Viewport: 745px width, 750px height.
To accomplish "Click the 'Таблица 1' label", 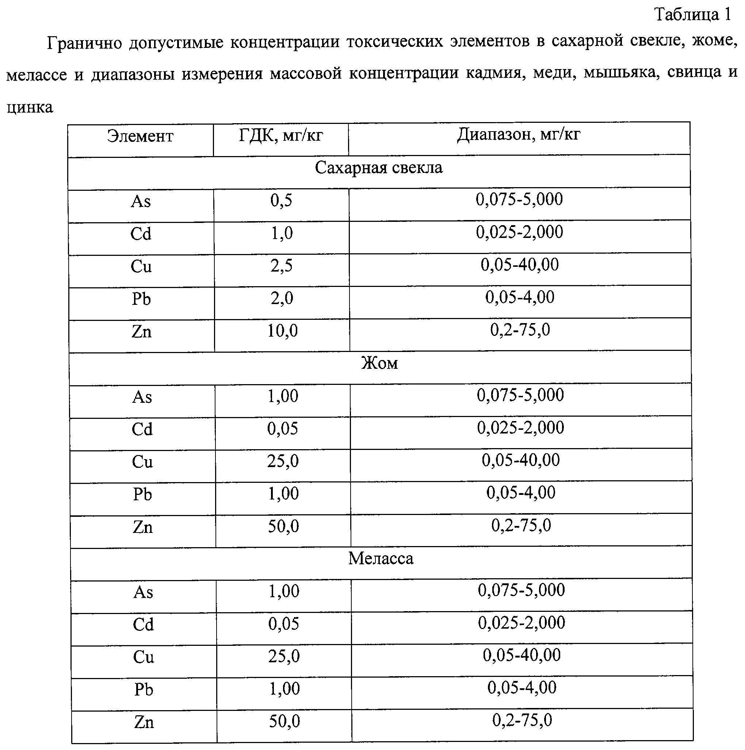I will click(x=693, y=15).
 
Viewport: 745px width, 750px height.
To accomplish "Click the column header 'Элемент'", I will click(x=140, y=137).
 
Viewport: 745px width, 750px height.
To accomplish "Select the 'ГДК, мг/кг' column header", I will click(x=281, y=136).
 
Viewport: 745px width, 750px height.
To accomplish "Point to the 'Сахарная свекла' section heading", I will click(x=378, y=168).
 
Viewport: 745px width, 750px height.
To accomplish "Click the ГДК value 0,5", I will click(x=281, y=201).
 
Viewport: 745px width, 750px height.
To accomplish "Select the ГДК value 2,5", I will click(x=282, y=266).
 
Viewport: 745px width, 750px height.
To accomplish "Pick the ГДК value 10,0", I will click(x=282, y=331).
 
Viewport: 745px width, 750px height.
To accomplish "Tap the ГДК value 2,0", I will click(x=282, y=299).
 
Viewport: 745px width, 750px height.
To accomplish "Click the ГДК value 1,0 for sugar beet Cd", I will click(x=282, y=233).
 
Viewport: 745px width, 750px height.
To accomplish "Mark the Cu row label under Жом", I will click(x=142, y=462).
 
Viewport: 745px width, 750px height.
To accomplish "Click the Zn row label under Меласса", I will click(x=144, y=723).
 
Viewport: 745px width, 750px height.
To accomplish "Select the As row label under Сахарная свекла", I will click(x=141, y=201).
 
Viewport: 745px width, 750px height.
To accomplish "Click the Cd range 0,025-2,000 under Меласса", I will click(x=521, y=623).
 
